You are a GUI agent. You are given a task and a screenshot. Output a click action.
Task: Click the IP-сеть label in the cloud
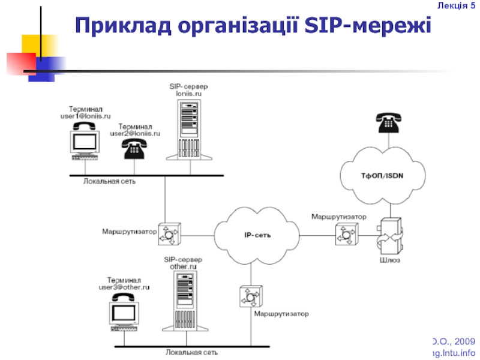[259, 235]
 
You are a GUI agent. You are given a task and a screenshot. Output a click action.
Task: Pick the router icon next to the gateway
[345, 234]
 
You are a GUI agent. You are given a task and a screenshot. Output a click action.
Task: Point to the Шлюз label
[389, 260]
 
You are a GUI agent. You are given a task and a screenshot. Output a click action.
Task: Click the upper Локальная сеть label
[109, 181]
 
